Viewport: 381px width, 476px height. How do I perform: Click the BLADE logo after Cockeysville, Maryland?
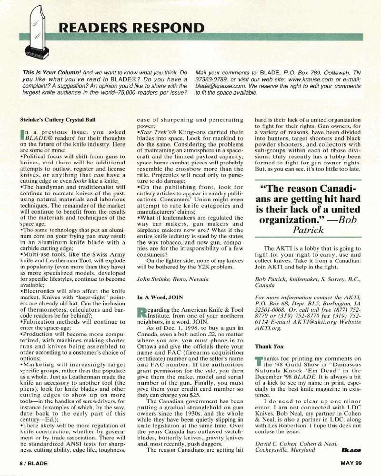point(351,449)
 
